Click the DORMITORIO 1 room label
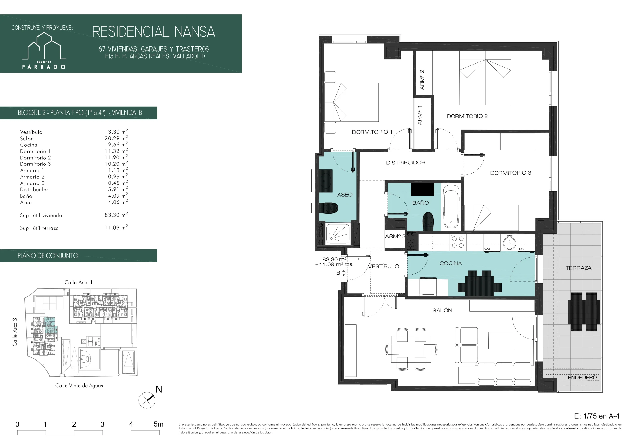pos(372,132)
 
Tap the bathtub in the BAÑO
pos(451,206)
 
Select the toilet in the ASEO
pos(329,208)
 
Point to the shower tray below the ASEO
pos(338,234)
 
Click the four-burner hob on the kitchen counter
pos(458,242)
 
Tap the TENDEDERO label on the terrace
pos(580,377)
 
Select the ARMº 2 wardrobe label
pos(422,80)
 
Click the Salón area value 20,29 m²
pos(116,138)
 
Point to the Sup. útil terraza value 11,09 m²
pos(116,228)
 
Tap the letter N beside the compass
pos(159,389)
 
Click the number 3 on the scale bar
pos(102,424)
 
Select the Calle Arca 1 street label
pos(78,282)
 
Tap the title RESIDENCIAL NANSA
pos(154,32)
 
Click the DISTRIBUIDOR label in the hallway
pos(406,163)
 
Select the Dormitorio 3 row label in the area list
pos(35,164)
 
